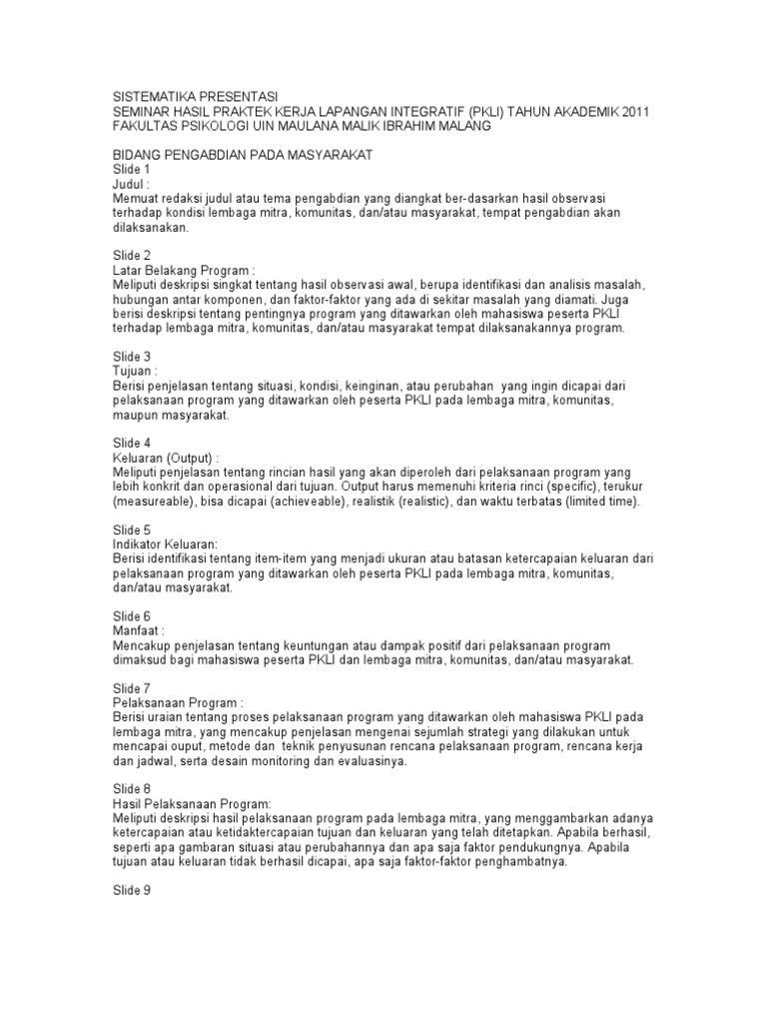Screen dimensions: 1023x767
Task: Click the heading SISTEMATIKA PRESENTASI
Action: [x=195, y=97]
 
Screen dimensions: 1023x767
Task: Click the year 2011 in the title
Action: [x=630, y=112]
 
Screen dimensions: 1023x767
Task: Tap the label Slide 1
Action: [x=131, y=171]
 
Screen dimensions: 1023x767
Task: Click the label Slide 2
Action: [x=131, y=256]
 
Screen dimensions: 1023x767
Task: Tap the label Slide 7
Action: [x=131, y=689]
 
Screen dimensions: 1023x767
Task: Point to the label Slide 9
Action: [x=131, y=891]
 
